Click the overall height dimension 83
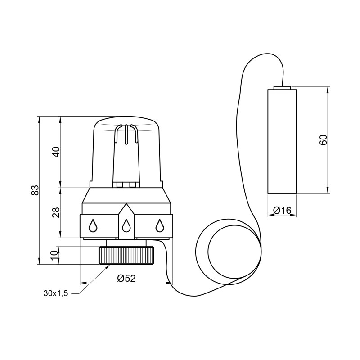pos(35,189)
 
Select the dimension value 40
pos(56,152)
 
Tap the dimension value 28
pos(56,212)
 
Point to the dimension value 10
pos(54,255)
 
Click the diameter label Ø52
pos(126,278)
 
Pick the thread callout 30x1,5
pos(56,293)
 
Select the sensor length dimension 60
pos(323,140)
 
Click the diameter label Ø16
pos(282,210)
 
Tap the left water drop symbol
pos(93,225)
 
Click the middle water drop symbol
pos(126,225)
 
